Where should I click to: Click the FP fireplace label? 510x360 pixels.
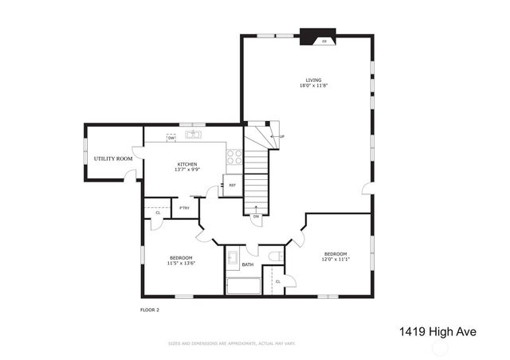324,41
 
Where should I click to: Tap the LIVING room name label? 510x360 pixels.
314,80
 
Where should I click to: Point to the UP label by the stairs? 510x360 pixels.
282,136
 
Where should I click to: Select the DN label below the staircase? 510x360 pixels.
256,217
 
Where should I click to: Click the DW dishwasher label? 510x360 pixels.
171,139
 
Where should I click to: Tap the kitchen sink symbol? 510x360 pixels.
194,135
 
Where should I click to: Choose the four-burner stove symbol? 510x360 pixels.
234,158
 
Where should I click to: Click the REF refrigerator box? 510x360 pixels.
232,186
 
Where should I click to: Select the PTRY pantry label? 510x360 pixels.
184,209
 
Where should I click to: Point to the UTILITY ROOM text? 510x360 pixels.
113,158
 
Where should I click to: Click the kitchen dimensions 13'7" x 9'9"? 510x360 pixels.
187,170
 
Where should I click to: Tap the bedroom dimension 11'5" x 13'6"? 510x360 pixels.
182,262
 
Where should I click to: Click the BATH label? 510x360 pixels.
248,264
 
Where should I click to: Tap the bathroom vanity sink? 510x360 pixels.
233,258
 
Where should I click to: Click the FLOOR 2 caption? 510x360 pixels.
150,309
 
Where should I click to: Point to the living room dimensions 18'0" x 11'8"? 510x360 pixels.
314,85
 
